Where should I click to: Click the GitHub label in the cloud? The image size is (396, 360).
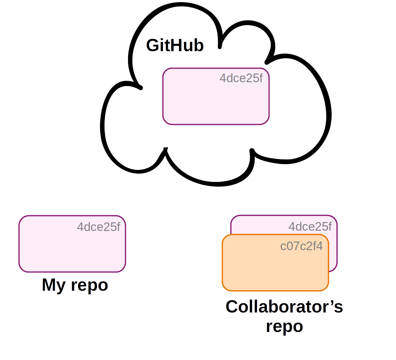[x=175, y=45]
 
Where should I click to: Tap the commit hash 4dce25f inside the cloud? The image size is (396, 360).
[x=241, y=78]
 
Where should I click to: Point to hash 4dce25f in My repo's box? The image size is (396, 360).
[x=98, y=227]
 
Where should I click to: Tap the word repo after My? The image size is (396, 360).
[x=89, y=285]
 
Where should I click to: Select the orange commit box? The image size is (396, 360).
[x=275, y=267]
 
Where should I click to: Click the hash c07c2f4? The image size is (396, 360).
[x=301, y=246]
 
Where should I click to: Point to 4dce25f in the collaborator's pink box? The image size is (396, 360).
[x=310, y=227]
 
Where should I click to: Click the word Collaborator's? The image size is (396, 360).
[x=284, y=307]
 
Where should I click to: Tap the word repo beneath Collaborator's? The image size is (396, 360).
[x=284, y=326]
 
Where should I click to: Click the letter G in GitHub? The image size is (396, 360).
[x=153, y=45]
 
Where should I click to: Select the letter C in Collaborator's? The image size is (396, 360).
[x=232, y=307]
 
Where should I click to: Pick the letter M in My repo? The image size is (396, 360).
[x=49, y=284]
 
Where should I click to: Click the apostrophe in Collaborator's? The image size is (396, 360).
[x=331, y=302]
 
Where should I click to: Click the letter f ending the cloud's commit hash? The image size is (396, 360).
[x=261, y=78]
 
